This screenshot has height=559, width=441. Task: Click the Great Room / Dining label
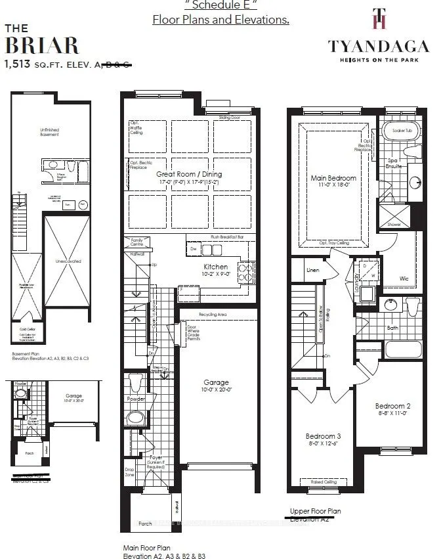point(189,174)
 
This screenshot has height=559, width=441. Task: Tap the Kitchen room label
point(215,267)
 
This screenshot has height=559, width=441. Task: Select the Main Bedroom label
point(333,178)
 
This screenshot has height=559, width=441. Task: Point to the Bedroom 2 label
point(392,405)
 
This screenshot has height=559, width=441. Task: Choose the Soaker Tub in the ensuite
point(401,131)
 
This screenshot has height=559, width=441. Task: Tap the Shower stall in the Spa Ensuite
point(394,215)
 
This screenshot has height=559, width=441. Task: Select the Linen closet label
point(312,270)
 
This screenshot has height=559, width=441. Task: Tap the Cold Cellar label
point(27,330)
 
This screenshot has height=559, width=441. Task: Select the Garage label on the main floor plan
point(216,382)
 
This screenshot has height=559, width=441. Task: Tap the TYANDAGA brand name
point(379,45)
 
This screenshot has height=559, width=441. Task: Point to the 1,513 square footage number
point(19,64)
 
